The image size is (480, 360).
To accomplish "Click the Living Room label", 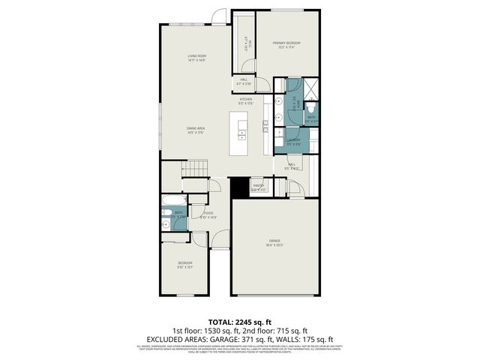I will (x=197, y=56).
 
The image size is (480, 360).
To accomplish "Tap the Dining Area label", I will (x=196, y=129).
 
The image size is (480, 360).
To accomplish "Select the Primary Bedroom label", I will (x=286, y=43).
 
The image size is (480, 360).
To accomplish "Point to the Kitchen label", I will (x=245, y=99).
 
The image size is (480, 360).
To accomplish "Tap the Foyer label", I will (x=208, y=213).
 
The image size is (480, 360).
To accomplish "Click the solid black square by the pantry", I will (x=239, y=187).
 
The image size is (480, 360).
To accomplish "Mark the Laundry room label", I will (x=294, y=139).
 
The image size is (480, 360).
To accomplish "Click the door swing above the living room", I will (x=219, y=16).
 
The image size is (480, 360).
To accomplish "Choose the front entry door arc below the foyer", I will (x=220, y=239).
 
